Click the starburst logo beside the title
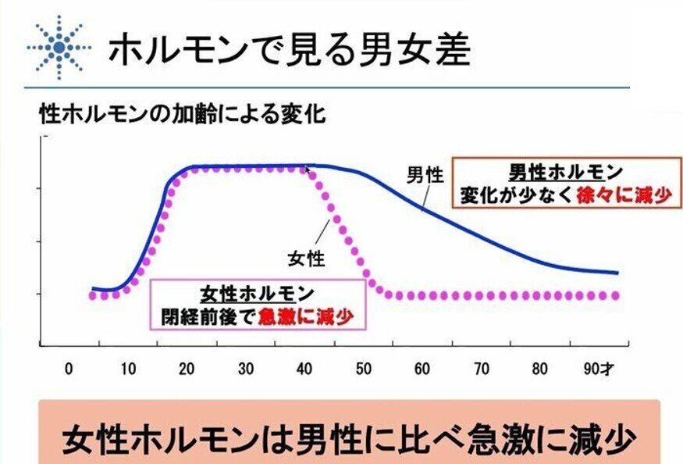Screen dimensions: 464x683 pos(58,48)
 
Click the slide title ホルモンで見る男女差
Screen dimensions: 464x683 pos(289,49)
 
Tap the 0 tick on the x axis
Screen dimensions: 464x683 pos(69,369)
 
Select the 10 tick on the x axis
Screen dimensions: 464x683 pos(128,369)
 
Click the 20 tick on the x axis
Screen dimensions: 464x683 pos(187,369)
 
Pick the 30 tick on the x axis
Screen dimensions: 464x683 pos(246,369)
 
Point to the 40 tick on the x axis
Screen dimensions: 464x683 pos(304,369)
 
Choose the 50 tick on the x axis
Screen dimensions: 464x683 pos(364,369)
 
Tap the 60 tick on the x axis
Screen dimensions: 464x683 pos(422,369)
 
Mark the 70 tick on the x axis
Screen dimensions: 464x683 pos(481,369)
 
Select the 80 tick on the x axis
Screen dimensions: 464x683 pos(539,369)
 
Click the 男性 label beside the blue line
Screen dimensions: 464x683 pos(425,174)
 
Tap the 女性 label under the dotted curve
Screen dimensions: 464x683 pos(307,257)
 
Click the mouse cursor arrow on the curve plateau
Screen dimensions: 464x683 pos(308,169)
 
